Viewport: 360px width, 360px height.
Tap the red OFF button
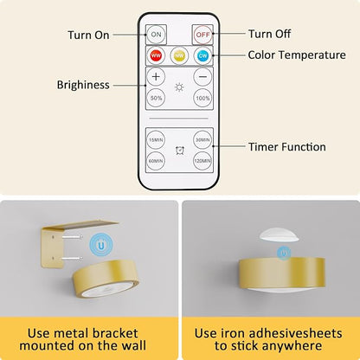pyautogui.click(x=202, y=35)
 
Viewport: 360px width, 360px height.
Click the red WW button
pyautogui.click(x=156, y=55)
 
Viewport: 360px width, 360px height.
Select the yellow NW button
pyautogui.click(x=179, y=55)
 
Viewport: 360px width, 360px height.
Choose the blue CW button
pyautogui.click(x=202, y=55)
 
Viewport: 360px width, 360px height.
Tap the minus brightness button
pyautogui.click(x=202, y=77)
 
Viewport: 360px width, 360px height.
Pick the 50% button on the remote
pyautogui.click(x=156, y=98)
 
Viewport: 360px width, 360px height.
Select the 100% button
pyautogui.click(x=202, y=98)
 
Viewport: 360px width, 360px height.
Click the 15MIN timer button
pyautogui.click(x=156, y=140)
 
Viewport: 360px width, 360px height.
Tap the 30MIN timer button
pyautogui.click(x=202, y=140)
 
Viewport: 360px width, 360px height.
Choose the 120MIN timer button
pyautogui.click(x=202, y=161)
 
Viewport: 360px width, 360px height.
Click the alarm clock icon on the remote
pyautogui.click(x=180, y=151)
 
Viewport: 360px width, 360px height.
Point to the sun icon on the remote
pyautogui.click(x=179, y=87)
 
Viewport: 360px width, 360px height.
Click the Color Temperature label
pyautogui.click(x=297, y=55)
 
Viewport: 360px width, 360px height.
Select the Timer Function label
pyautogui.click(x=287, y=147)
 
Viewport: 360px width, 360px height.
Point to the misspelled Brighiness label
pyautogui.click(x=83, y=85)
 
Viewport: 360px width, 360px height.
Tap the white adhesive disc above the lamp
pyautogui.click(x=279, y=235)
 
